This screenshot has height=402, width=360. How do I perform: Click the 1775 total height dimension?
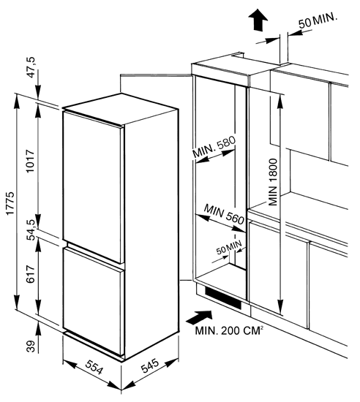click(11, 203)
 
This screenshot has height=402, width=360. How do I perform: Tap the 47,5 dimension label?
click(32, 67)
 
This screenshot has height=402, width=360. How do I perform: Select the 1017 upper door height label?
click(31, 162)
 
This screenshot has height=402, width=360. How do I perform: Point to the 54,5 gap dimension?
click(31, 230)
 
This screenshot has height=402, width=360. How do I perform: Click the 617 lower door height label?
click(31, 274)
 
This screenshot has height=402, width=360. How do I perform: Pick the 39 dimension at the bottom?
click(31, 346)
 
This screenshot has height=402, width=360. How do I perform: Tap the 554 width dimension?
click(94, 367)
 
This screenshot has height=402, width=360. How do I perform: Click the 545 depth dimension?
click(150, 365)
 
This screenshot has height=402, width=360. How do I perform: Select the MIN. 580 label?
click(214, 147)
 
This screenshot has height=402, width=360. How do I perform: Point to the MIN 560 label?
click(224, 214)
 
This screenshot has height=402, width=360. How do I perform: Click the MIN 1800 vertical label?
click(273, 182)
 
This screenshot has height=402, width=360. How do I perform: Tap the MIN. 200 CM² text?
click(229, 330)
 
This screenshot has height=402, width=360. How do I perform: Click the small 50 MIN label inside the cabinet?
click(229, 247)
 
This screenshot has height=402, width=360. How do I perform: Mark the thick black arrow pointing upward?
click(258, 20)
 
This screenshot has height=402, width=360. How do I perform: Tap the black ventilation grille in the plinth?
click(223, 298)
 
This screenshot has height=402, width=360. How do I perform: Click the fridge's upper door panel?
click(91, 185)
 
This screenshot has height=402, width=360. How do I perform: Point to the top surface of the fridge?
click(121, 110)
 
